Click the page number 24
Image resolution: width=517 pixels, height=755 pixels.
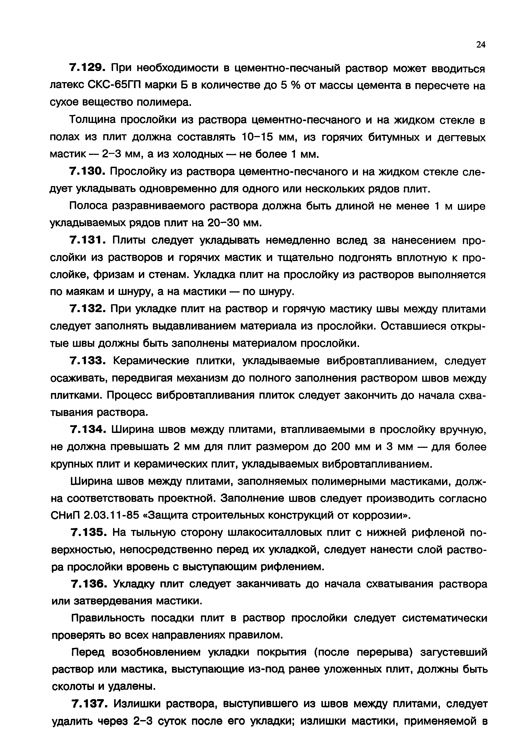click(480, 45)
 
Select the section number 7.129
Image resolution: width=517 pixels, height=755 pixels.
click(86, 69)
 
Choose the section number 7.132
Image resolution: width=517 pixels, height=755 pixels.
click(86, 309)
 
